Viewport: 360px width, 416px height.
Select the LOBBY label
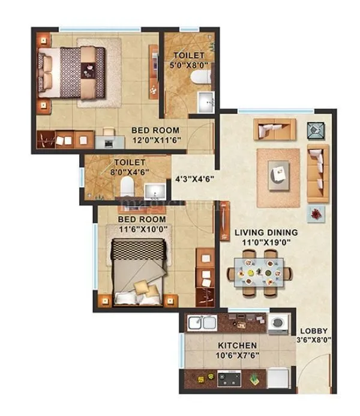click(314, 330)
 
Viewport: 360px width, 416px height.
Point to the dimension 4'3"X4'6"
click(194, 178)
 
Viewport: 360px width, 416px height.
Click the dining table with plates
click(260, 273)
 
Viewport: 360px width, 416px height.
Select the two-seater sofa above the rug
click(274, 128)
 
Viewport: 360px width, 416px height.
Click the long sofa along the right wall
click(317, 173)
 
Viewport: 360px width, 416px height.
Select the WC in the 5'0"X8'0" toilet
click(200, 77)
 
